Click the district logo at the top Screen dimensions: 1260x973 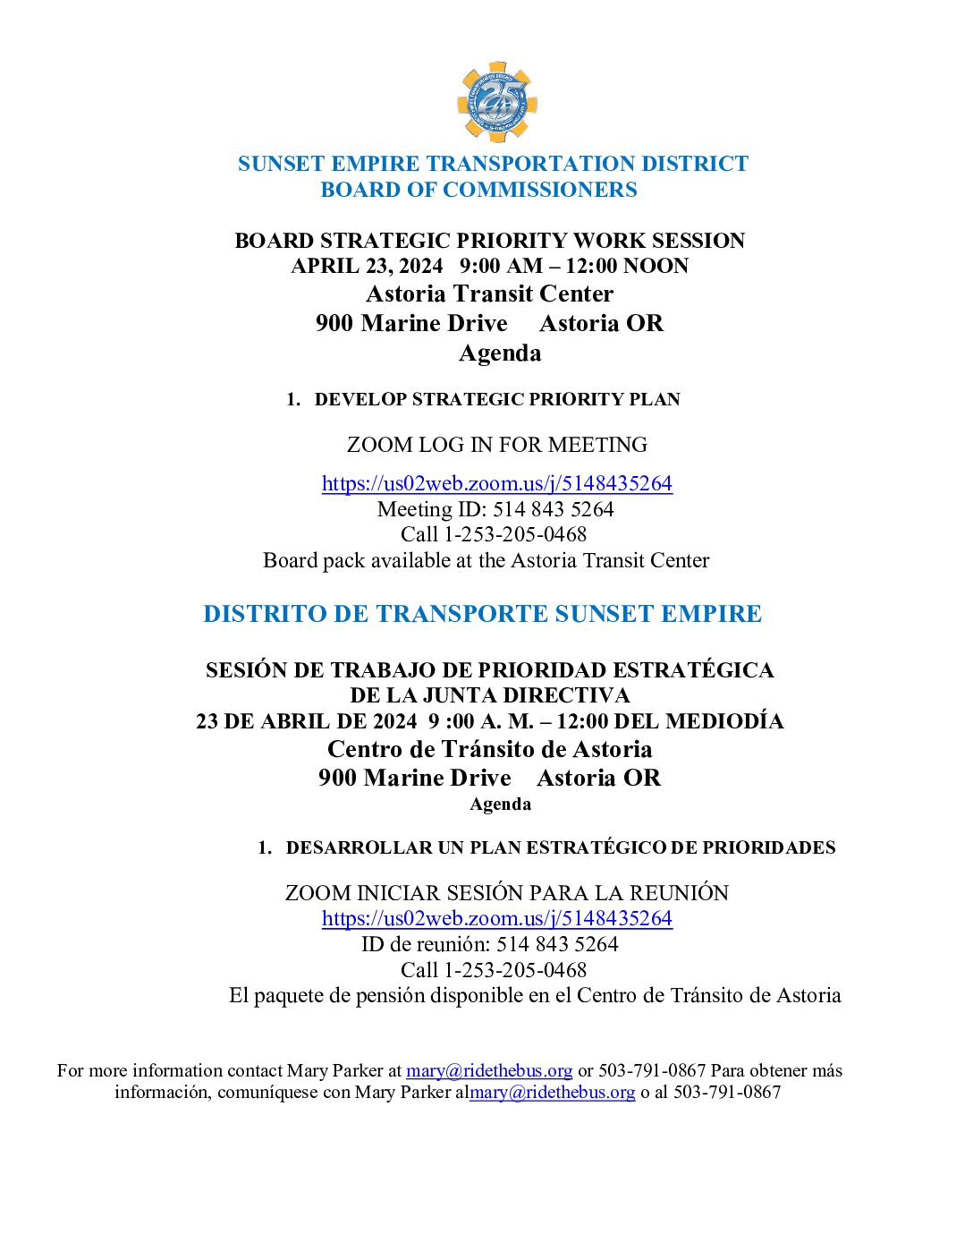[x=496, y=101]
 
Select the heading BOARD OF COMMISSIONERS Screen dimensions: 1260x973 [x=478, y=190]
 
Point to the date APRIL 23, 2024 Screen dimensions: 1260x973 [x=367, y=267]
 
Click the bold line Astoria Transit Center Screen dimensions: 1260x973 [x=489, y=294]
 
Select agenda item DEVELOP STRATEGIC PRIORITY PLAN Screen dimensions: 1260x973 [x=496, y=399]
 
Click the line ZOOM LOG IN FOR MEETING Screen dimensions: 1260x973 [x=496, y=445]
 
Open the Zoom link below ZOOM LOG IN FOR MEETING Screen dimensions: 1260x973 [x=496, y=483]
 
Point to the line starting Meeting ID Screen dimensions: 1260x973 [x=495, y=509]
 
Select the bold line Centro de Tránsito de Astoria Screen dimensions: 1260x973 [x=489, y=749]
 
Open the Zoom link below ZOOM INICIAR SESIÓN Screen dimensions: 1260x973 [x=496, y=918]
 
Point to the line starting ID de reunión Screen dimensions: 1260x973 [x=489, y=944]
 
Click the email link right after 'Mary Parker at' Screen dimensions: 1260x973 [x=489, y=1070]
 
